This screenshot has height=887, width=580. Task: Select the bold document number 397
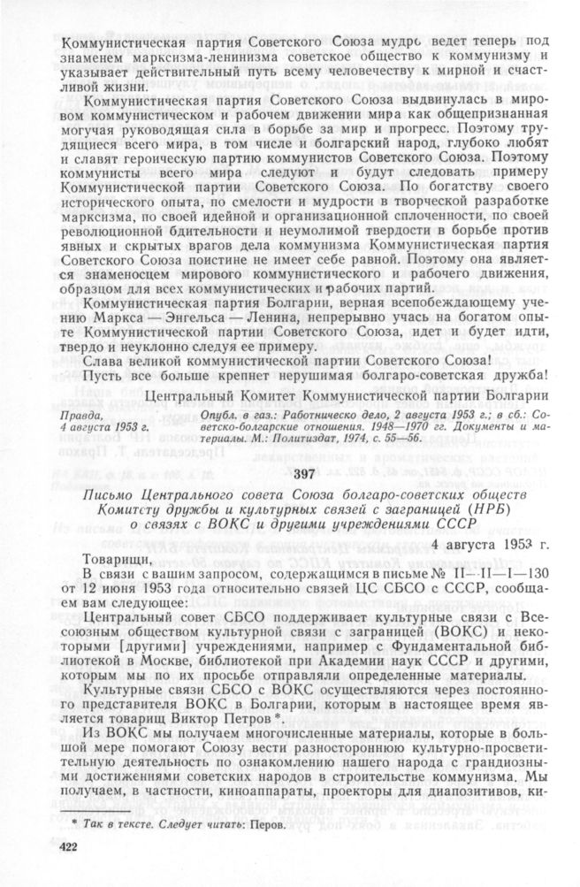[x=302, y=474]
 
